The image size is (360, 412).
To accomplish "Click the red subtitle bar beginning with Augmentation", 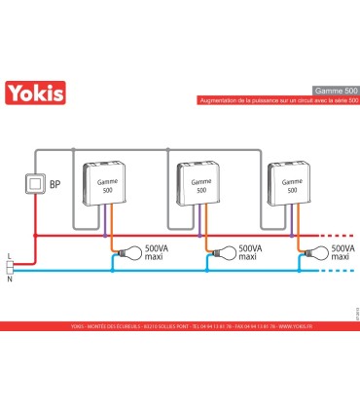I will pos(277,100).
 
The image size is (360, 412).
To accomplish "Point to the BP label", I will pos(54,184).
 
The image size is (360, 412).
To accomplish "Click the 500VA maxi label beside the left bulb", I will pos(156,254).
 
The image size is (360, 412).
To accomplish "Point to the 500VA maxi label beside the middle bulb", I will pos(248,254).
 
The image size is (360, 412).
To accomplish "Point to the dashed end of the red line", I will pos(339,236).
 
